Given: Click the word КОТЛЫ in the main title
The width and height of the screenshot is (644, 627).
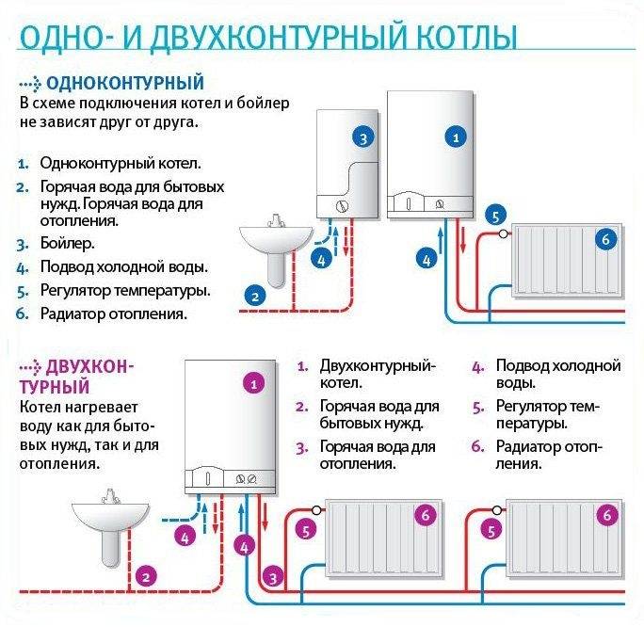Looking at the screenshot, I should [459, 39].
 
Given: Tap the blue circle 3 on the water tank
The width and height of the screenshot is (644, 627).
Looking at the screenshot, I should [363, 137].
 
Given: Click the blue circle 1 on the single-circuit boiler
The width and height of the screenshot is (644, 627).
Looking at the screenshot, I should [458, 137].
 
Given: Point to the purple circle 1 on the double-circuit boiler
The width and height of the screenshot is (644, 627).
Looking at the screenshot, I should [251, 383].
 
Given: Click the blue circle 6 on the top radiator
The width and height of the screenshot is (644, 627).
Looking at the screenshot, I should [605, 240].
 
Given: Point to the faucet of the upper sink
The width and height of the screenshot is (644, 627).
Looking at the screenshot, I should [275, 221].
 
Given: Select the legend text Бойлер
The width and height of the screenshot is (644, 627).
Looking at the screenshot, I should [67, 244].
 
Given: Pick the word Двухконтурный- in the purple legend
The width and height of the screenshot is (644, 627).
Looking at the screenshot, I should [378, 365].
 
